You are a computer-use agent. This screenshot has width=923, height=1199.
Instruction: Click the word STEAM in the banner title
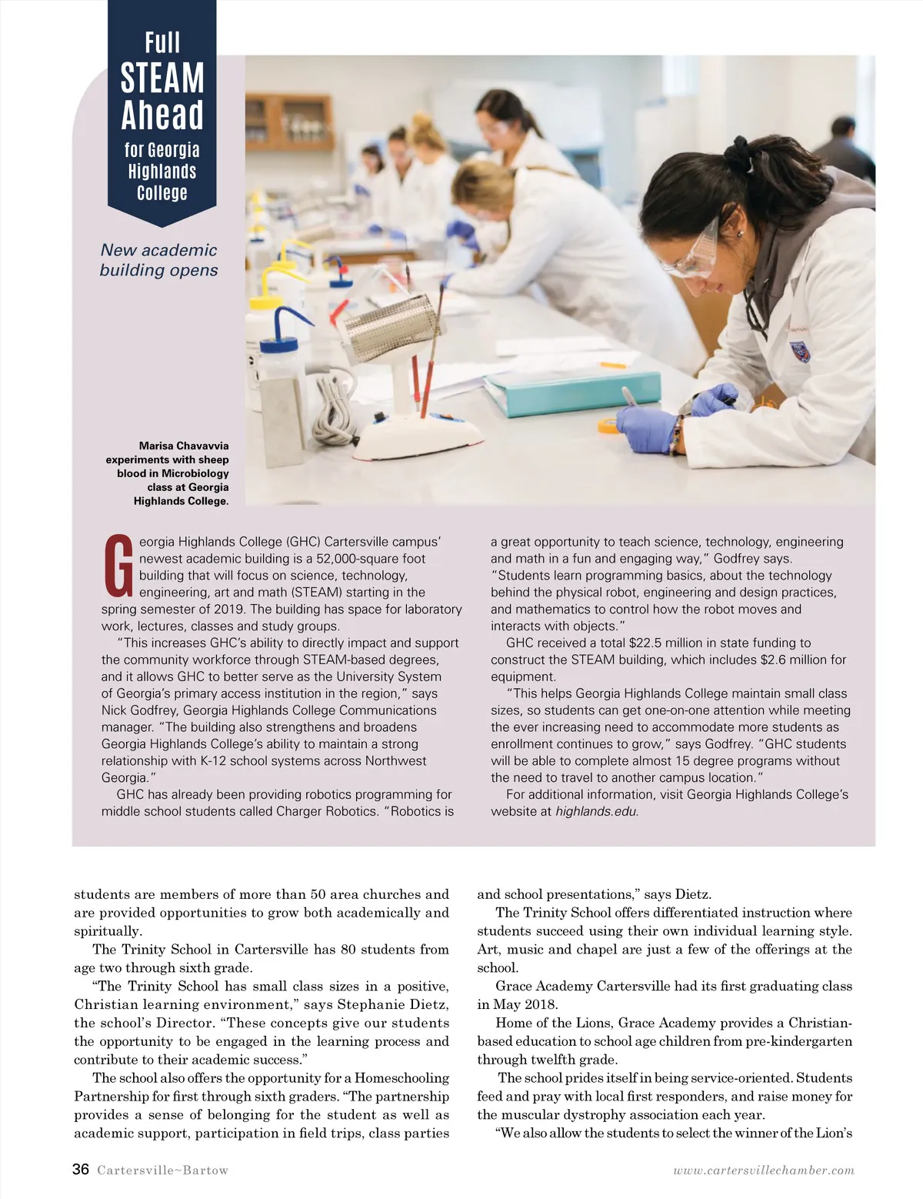click(162, 78)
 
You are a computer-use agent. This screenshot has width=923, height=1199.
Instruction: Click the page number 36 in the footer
click(81, 1170)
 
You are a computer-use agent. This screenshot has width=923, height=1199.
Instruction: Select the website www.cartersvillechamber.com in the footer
click(764, 1171)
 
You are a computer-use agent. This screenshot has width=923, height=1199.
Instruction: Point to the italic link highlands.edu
click(596, 811)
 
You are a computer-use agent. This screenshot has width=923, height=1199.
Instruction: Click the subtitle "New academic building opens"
click(159, 260)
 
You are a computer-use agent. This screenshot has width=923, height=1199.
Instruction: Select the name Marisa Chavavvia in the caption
click(184, 446)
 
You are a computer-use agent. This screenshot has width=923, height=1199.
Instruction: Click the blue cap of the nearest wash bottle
click(278, 344)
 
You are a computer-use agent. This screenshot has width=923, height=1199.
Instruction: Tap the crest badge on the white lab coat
click(800, 352)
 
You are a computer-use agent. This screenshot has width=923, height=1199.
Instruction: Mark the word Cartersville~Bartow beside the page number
click(163, 1171)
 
